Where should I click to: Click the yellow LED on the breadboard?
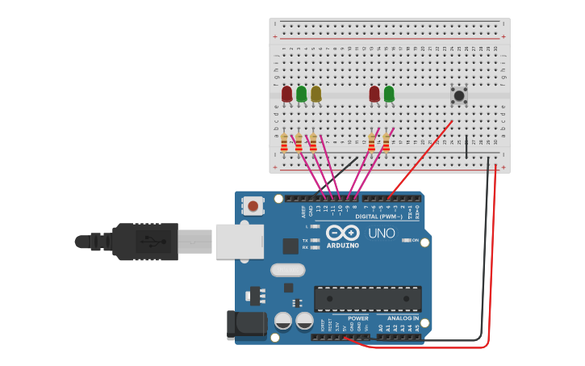[x=315, y=95]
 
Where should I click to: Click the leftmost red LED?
[x=286, y=95]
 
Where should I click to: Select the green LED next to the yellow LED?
[x=301, y=95]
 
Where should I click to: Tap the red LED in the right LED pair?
[x=374, y=95]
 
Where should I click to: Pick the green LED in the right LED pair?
[x=389, y=95]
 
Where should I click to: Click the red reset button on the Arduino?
[x=253, y=206]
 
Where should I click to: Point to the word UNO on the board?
[x=381, y=233]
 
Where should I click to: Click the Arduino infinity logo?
[x=341, y=233]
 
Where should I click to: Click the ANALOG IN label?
[x=398, y=318]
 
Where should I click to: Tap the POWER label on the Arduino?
[x=357, y=318]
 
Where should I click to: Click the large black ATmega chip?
[x=367, y=298]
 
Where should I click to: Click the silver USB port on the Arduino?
[x=240, y=242]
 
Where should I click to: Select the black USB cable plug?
[x=145, y=242]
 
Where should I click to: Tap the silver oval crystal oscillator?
[x=287, y=270]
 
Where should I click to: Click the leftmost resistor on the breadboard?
[x=284, y=144]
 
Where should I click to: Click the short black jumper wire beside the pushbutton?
[x=466, y=145]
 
